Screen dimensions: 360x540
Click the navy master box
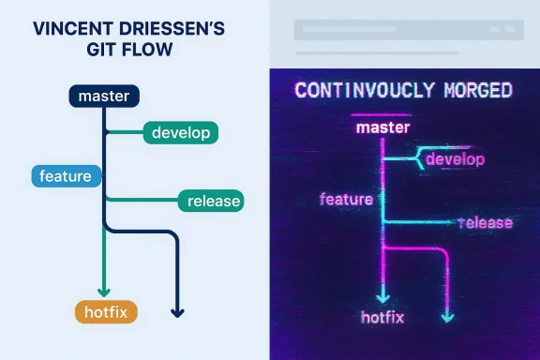[x=104, y=96]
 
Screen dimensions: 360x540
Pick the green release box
[x=210, y=200]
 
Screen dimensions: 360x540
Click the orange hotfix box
[x=105, y=311]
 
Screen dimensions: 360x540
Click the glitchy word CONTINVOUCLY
[x=358, y=91]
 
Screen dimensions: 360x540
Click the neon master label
[x=384, y=127]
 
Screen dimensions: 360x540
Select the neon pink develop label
[x=455, y=159]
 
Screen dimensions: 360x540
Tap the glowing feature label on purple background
[x=346, y=199]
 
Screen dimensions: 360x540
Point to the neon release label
[x=486, y=222]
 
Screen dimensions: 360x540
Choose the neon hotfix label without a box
[x=382, y=316]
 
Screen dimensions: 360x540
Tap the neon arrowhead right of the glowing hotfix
[x=447, y=318]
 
